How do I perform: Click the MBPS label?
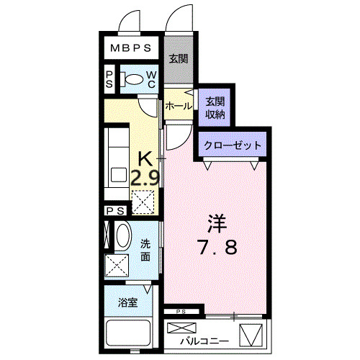(x=131, y=49)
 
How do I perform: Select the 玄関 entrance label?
(x=179, y=59)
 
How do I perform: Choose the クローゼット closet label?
(x=232, y=145)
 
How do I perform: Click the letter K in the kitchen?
(x=145, y=157)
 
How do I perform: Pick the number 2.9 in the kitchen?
(x=145, y=176)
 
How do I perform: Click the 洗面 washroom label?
(x=146, y=250)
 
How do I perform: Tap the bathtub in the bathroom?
(x=127, y=334)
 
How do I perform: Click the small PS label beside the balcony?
(x=181, y=312)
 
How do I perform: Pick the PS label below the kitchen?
(x=114, y=210)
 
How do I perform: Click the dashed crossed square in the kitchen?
(x=144, y=202)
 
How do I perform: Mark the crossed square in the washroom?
(x=117, y=266)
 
